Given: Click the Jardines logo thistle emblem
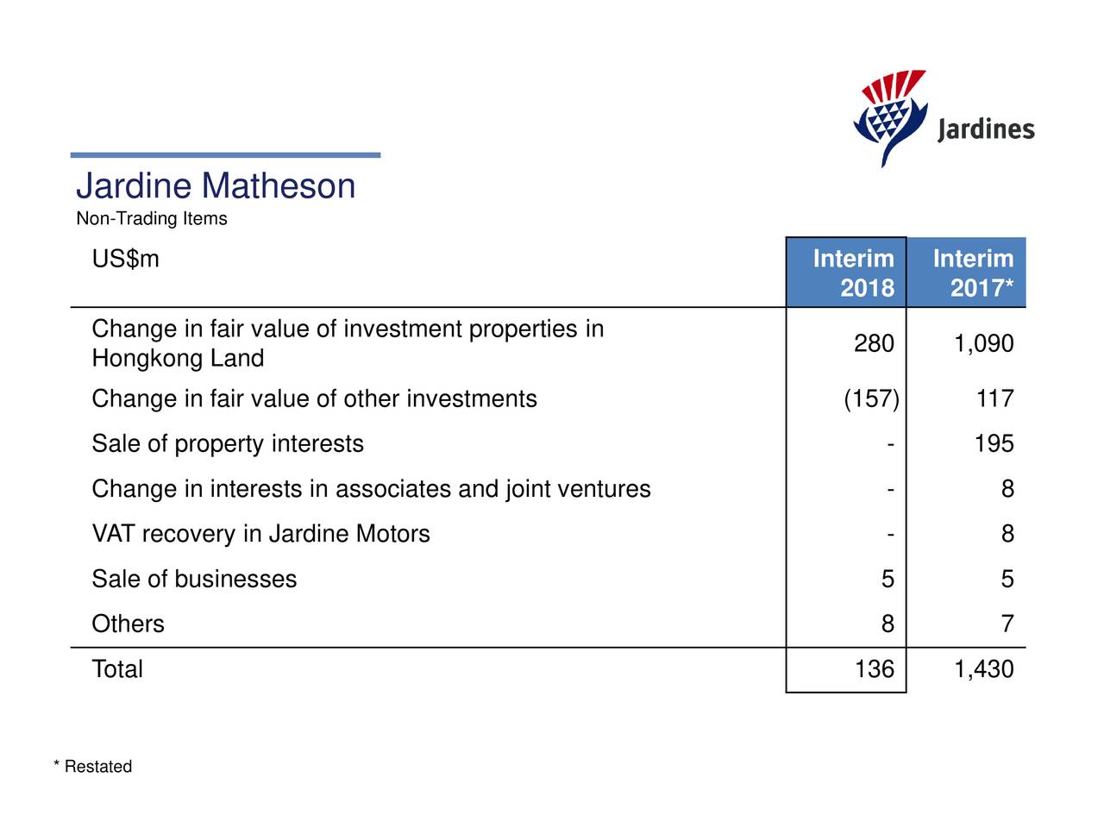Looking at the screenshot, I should pyautogui.click(x=890, y=116).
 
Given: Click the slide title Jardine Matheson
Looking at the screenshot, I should pyautogui.click(x=216, y=186).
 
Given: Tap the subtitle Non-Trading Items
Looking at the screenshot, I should pyautogui.click(x=152, y=219).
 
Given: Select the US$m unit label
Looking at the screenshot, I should pyautogui.click(x=126, y=259).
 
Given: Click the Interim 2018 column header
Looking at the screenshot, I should pyautogui.click(x=853, y=273).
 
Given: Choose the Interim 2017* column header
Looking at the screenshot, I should pyautogui.click(x=973, y=273).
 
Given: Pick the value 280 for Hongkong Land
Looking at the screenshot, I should pyautogui.click(x=874, y=344).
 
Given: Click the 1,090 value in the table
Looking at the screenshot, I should pyautogui.click(x=983, y=344).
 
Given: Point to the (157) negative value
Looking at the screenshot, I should pyautogui.click(x=871, y=399).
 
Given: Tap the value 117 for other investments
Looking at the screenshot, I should pyautogui.click(x=994, y=399).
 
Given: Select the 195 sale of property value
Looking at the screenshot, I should pyautogui.click(x=994, y=444).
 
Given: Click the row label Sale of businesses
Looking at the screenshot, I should pyautogui.click(x=194, y=579).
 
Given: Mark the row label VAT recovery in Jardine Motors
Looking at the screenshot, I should pyautogui.click(x=260, y=534).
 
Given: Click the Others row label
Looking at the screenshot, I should pyautogui.click(x=128, y=624).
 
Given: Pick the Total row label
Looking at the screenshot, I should pyautogui.click(x=117, y=669).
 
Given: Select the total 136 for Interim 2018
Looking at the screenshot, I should pyautogui.click(x=874, y=669).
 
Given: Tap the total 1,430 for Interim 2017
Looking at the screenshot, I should pyautogui.click(x=983, y=669).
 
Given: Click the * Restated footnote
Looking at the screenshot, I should pyautogui.click(x=93, y=767).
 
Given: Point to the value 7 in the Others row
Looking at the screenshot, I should pyautogui.click(x=1007, y=624).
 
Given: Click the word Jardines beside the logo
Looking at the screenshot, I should pyautogui.click(x=985, y=130).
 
